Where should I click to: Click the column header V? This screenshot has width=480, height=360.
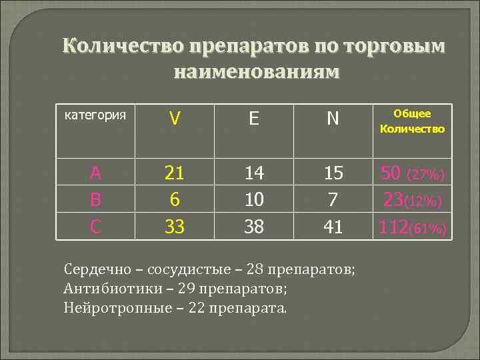pos(175,119)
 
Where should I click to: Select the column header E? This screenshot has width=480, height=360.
pos(254,119)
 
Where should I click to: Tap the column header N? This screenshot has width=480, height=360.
pos(333,119)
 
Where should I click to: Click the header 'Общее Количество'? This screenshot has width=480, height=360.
pos(412,121)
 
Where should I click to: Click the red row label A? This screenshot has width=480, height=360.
pos(96,174)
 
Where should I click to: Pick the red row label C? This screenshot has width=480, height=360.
pos(96,227)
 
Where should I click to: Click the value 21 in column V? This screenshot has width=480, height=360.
pos(175,174)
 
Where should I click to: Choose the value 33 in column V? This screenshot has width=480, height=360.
pos(175,227)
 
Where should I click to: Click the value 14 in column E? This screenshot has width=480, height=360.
pos(254,174)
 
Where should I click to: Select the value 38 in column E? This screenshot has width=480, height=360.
pos(254,227)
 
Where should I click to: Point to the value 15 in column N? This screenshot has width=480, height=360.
pos(333,174)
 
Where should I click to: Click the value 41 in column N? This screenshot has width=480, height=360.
pos(333,227)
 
